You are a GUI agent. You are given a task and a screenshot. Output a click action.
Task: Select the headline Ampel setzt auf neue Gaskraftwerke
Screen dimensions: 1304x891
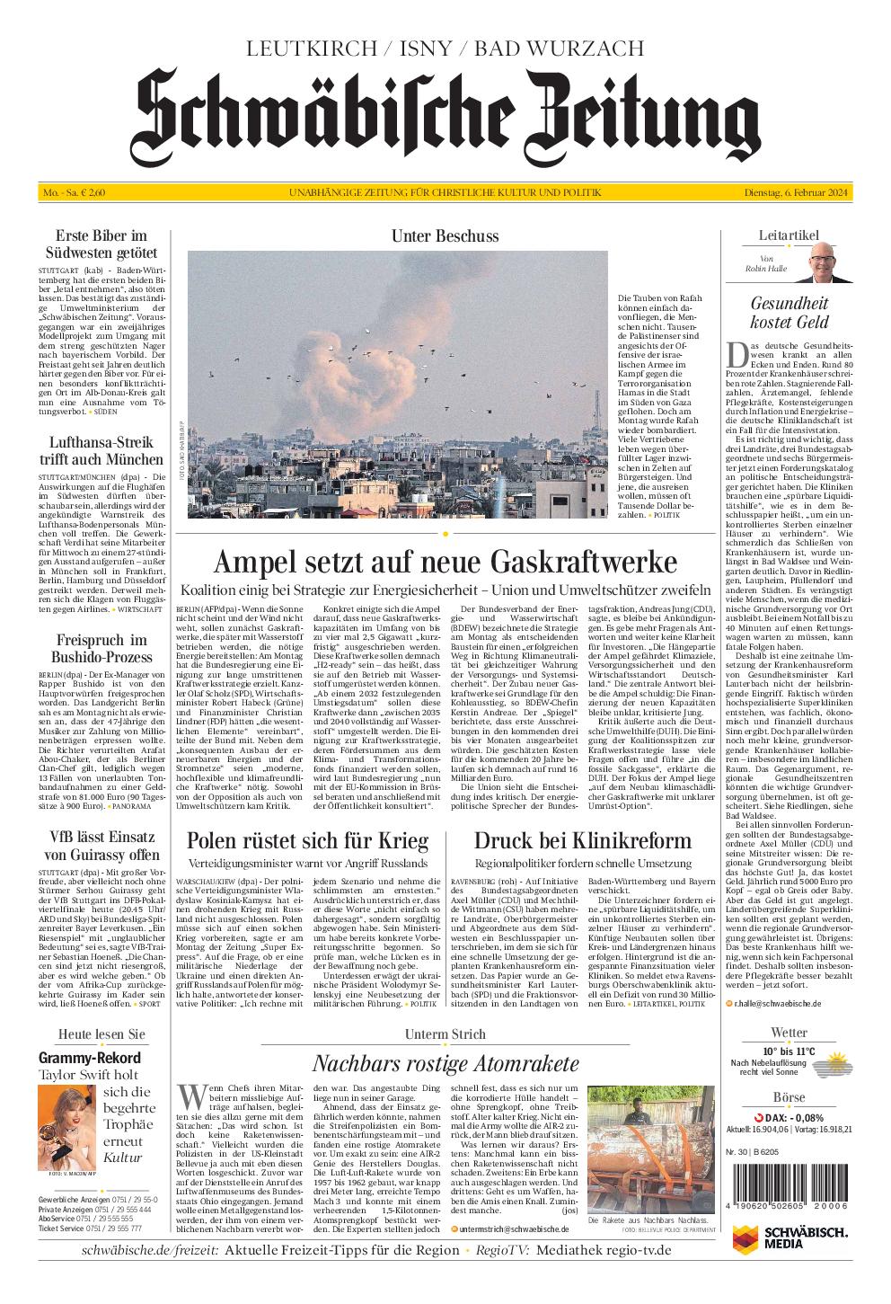445,563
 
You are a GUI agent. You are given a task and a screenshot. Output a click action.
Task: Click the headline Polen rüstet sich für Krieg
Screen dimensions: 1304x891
307,840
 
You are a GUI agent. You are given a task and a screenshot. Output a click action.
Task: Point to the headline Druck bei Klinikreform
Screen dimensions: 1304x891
583,840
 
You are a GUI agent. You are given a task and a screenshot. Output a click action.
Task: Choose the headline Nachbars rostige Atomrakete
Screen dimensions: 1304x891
445,1064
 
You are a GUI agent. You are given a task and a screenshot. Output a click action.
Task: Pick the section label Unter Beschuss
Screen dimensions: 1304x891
445,236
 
